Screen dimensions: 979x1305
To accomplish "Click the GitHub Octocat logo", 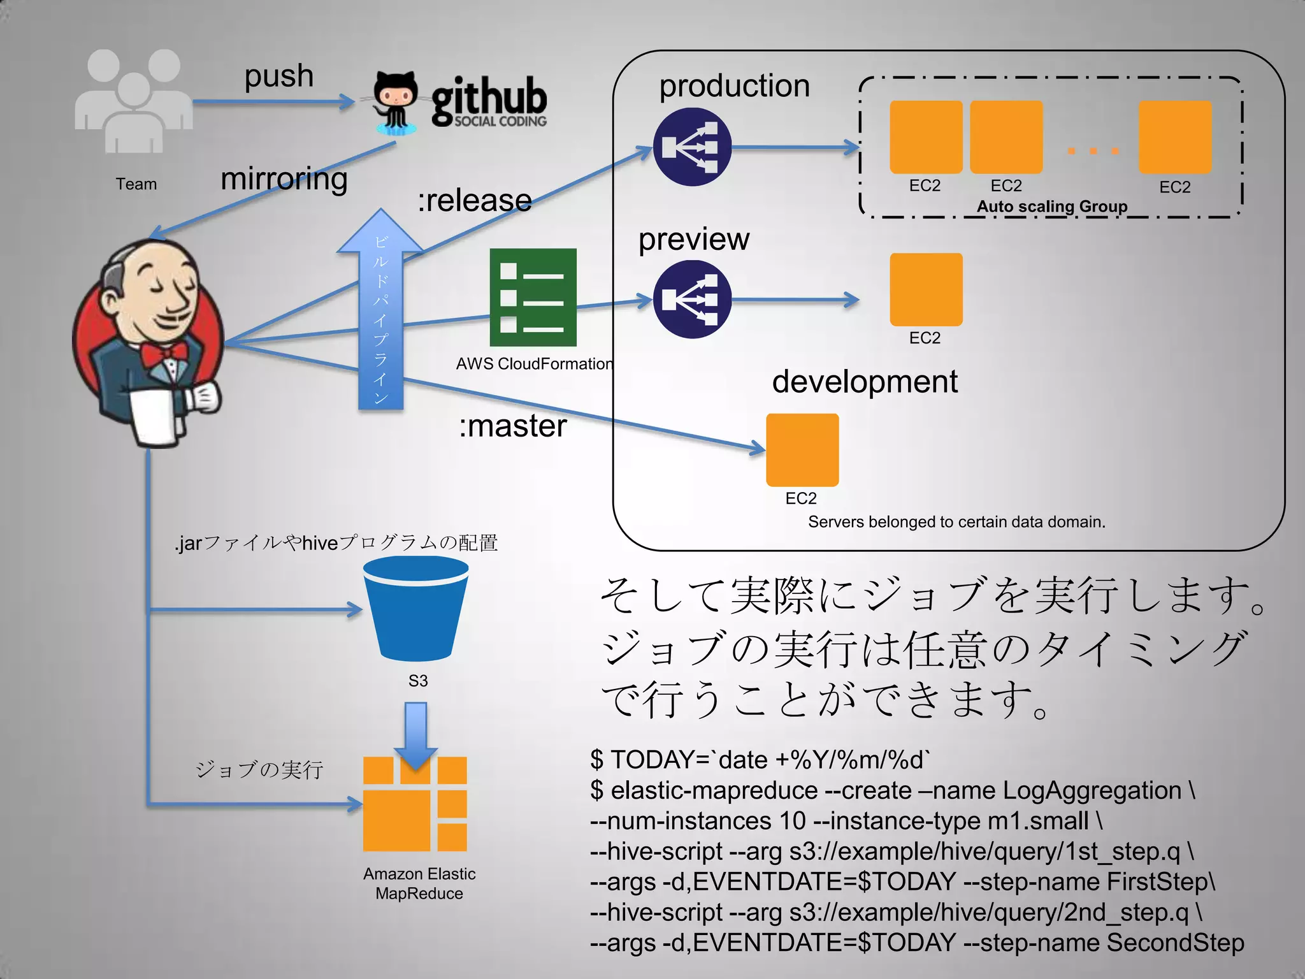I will pos(395,102).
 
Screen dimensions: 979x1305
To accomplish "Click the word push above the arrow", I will pos(279,76).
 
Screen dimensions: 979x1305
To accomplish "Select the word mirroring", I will pos(284,179).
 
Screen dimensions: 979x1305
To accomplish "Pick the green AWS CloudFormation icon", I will pos(533,297).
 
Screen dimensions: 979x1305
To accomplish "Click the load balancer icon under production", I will pos(692,147).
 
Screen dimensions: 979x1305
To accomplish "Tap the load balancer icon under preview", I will pos(692,300).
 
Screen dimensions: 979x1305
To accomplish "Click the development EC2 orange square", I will pos(802,450).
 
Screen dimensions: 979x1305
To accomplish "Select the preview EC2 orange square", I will pos(926,289).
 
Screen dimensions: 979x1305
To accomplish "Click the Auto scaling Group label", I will pos(1051,207).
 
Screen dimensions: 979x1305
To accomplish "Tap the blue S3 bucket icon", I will pos(416,609).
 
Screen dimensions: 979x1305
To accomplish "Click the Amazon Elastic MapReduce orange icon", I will pos(415,804).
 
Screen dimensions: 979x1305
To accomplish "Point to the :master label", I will pos(512,426).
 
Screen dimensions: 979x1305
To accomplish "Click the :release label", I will pos(475,201).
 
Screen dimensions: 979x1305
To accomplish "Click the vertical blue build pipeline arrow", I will pos(380,319).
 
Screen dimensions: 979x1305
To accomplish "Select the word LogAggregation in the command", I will pos(1092,790).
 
